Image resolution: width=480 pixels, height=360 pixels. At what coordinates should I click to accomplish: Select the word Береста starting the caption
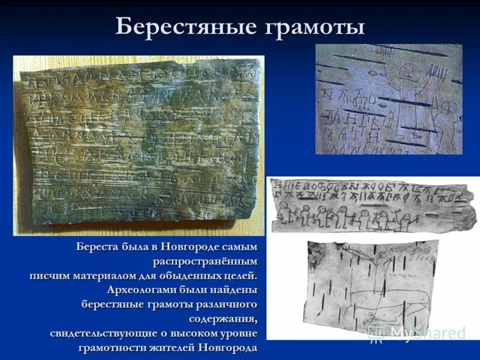pos(99,247)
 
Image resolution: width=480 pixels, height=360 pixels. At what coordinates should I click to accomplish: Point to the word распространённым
pos(205,262)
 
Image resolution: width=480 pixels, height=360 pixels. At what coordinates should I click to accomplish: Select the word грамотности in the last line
pos(111,348)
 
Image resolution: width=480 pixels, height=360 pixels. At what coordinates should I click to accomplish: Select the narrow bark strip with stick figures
pos(372,205)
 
